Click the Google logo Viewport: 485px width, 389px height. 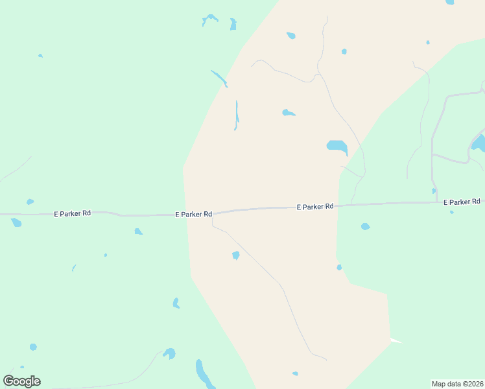21,381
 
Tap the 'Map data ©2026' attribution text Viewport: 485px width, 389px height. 457,384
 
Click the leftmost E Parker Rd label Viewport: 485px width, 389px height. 72,213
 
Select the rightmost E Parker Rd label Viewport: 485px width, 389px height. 462,202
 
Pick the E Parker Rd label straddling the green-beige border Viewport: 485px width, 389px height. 193,214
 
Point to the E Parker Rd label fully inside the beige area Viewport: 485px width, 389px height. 315,207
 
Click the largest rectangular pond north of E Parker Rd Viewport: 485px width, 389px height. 337,146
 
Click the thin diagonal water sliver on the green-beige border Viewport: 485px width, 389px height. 219,78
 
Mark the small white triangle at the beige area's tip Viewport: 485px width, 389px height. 395,340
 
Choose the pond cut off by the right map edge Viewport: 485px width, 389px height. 478,143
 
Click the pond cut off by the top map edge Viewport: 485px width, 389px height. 449,2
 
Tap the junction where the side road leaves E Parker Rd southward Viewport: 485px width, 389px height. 213,216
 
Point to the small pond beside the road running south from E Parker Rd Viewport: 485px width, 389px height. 236,255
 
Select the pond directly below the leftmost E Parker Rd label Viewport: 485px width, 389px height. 16,223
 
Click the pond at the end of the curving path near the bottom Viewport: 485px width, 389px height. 169,353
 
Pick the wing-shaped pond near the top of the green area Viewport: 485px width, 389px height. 210,19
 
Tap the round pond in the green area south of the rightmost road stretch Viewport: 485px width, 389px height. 366,226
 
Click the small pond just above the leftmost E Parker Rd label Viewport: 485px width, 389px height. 30,202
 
